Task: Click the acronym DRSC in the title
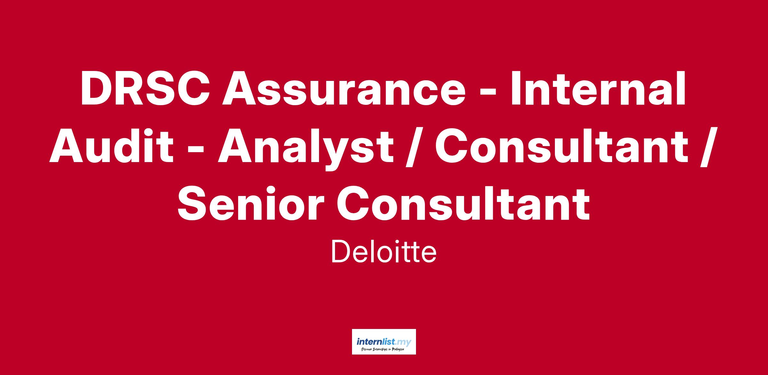[x=145, y=88]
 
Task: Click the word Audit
[x=112, y=145]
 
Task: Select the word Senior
[x=249, y=203]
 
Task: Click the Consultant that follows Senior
[x=463, y=203]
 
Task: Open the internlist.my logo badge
[x=384, y=342]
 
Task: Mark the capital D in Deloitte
[x=340, y=253]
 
